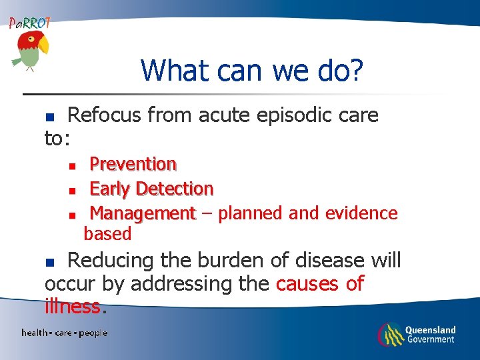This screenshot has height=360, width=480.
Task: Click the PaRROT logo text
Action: (x=30, y=23)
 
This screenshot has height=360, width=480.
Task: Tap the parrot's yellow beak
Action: (x=44, y=45)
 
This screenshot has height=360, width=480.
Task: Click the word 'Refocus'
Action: (x=104, y=115)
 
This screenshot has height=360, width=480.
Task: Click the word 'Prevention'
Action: (x=133, y=164)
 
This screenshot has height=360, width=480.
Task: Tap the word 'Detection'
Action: (x=174, y=189)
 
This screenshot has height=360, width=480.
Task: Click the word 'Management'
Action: (x=142, y=213)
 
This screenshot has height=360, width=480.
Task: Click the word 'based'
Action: (x=107, y=234)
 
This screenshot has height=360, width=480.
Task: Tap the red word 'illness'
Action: (x=73, y=307)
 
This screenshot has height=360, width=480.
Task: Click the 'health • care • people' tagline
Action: (x=64, y=333)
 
